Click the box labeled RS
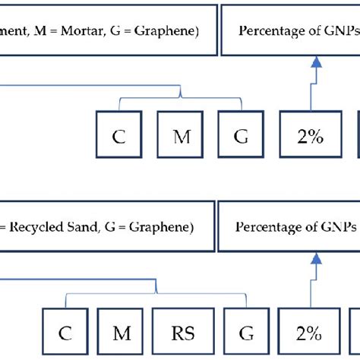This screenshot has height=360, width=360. (x=176, y=333)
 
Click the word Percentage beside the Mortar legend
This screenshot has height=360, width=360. (x=268, y=31)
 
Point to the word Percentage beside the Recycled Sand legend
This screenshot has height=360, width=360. (x=265, y=227)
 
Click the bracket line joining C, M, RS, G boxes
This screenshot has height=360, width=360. (x=156, y=292)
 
